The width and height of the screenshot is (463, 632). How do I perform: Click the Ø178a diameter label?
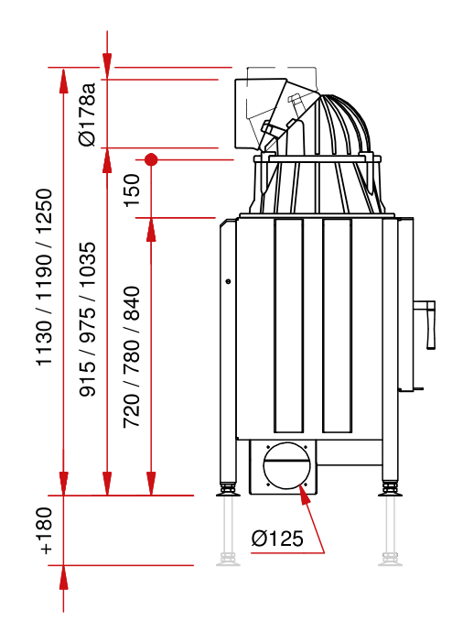(x=88, y=114)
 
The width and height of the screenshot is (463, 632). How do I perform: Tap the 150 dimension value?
(x=132, y=191)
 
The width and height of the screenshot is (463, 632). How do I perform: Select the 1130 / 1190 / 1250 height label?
(x=44, y=278)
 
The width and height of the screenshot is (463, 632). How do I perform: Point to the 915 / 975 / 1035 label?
(x=88, y=320)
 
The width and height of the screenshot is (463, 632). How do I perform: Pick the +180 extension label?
(x=44, y=530)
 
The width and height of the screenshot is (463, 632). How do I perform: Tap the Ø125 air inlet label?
(x=277, y=539)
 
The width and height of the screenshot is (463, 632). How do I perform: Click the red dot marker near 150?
(x=151, y=159)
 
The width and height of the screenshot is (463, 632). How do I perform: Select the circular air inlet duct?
(x=287, y=465)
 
